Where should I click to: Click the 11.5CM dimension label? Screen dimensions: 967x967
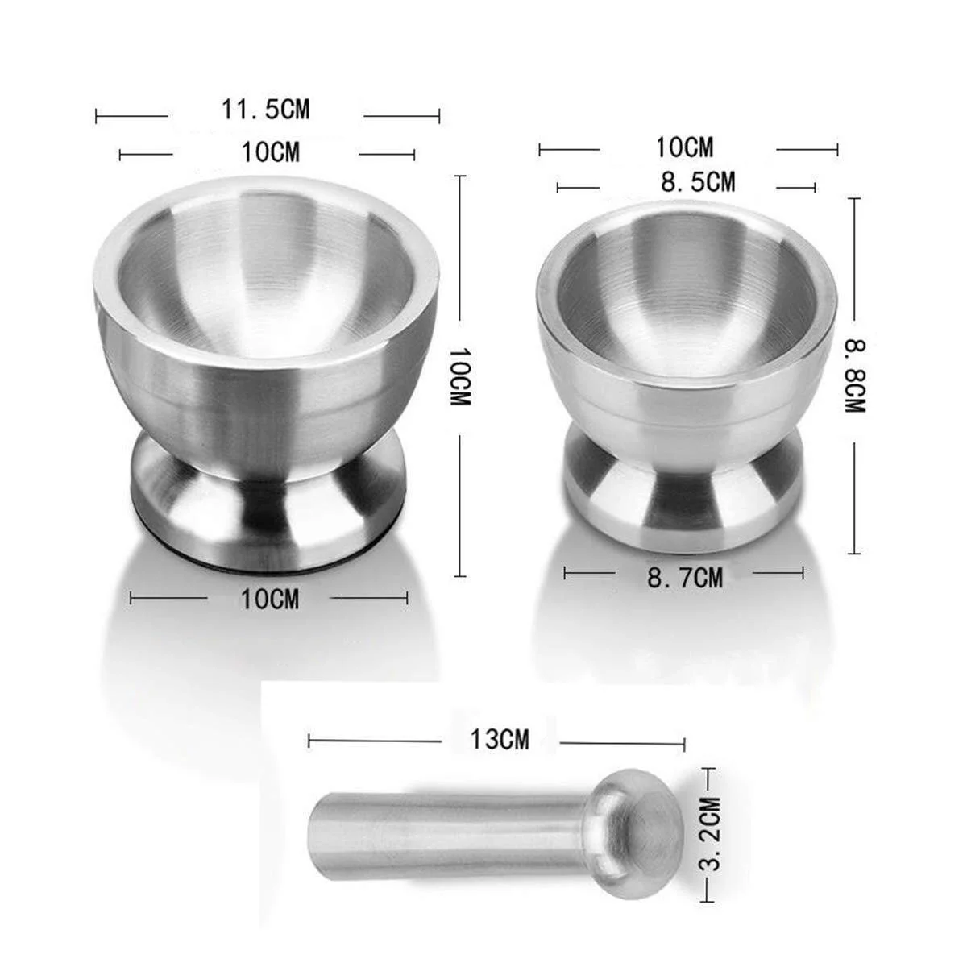tap(265, 109)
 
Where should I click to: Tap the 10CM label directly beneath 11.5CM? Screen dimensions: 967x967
tap(271, 151)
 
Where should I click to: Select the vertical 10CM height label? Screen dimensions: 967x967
tap(459, 376)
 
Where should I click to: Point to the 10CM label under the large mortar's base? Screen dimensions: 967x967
tap(270, 599)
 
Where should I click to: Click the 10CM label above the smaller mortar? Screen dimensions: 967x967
tap(684, 147)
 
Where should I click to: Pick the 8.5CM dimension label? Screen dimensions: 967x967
tap(698, 181)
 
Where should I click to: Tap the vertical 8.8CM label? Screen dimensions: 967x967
tap(855, 376)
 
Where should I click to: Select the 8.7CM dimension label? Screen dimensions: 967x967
tap(684, 578)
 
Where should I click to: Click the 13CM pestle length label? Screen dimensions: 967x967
tap(500, 740)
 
